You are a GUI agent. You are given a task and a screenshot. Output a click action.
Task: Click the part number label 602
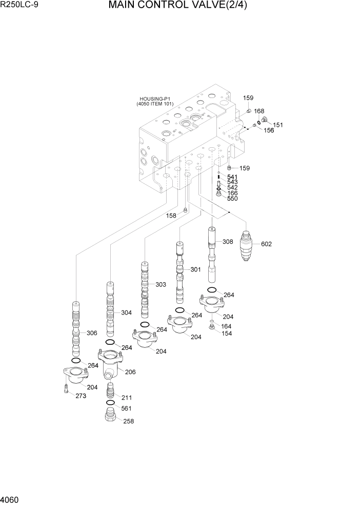point(266,244)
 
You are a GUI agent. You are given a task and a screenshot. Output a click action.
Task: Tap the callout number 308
point(228,241)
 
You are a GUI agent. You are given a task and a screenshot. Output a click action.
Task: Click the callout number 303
point(161,284)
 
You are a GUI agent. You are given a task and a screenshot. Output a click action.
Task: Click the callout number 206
point(130,372)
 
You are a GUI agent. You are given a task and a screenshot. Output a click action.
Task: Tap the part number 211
point(127,397)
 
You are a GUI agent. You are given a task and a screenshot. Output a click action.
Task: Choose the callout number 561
point(127,408)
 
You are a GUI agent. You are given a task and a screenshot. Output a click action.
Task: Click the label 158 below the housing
point(171,216)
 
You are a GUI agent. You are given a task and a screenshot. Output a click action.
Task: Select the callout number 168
point(259,111)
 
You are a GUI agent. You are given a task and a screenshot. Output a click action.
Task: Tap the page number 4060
point(11,499)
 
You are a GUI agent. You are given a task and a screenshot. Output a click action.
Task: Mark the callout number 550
point(232,199)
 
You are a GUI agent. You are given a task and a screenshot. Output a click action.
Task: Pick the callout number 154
point(226,333)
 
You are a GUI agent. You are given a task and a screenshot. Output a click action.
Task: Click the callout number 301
point(196,269)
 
